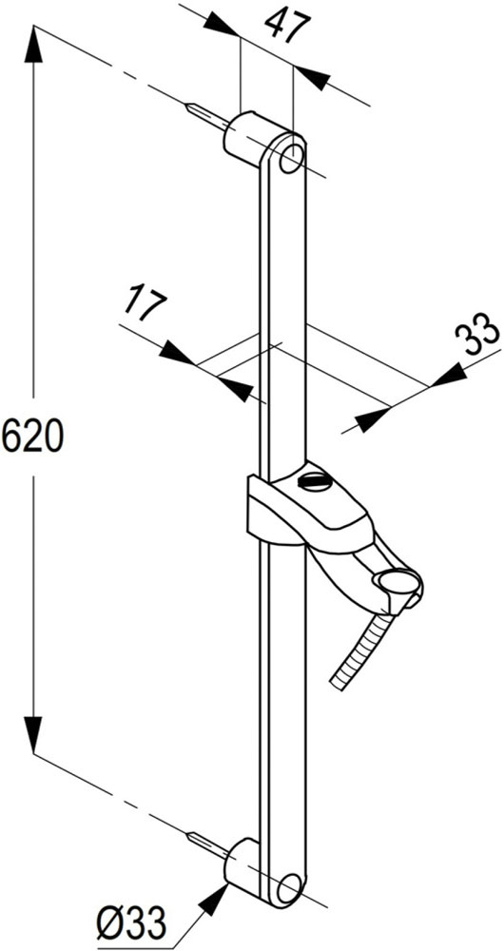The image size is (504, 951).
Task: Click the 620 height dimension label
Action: (32, 437)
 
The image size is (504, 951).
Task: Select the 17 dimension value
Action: (145, 305)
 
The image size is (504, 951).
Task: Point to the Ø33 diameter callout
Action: (131, 925)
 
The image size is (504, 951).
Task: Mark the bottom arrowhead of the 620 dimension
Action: (33, 735)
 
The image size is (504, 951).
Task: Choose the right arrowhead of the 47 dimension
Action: (312, 78)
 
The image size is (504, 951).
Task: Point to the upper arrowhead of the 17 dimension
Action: (178, 353)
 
